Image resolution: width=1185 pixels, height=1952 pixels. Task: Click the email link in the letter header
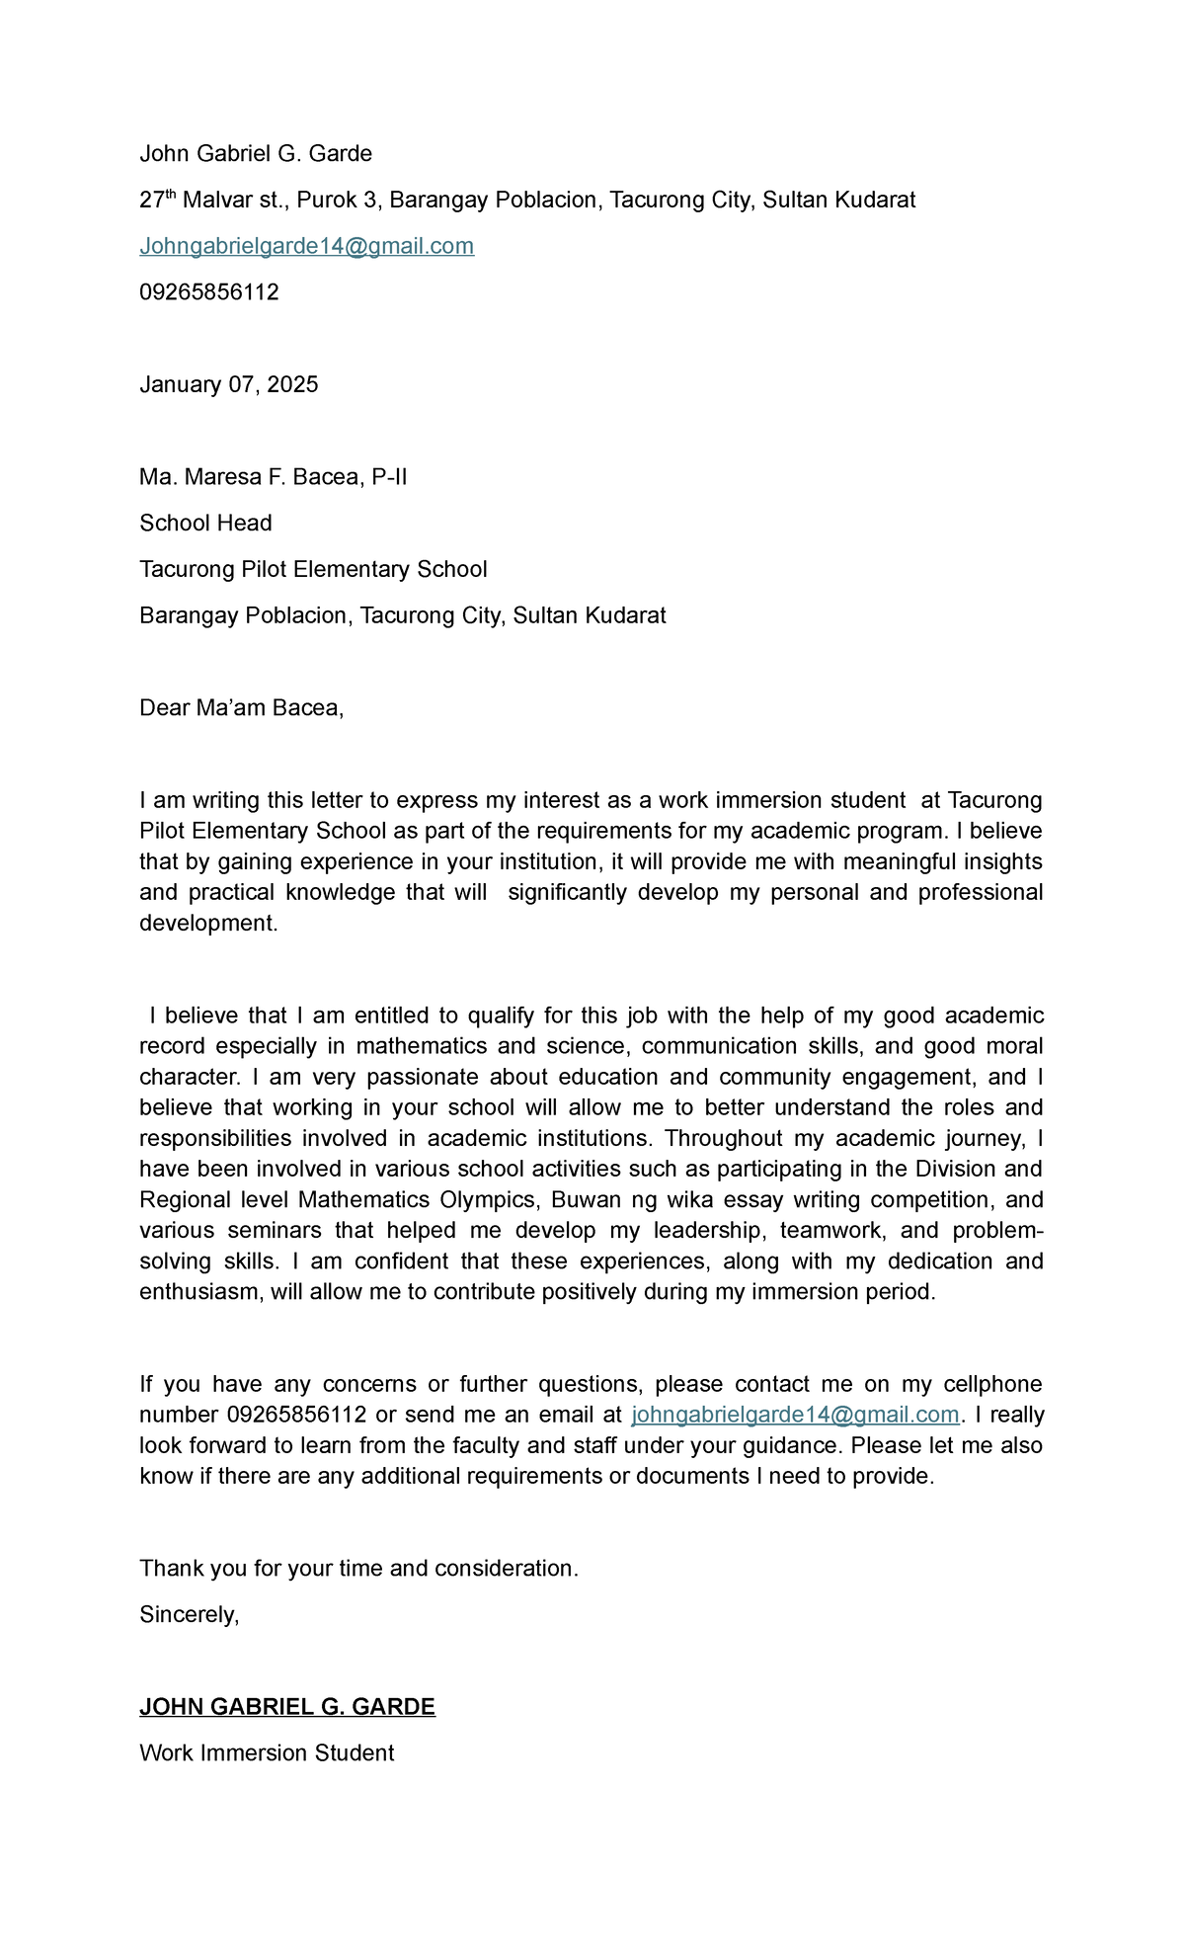pos(306,246)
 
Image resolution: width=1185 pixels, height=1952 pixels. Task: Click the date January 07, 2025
pos(228,384)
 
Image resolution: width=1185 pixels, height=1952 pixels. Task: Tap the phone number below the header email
pos(208,292)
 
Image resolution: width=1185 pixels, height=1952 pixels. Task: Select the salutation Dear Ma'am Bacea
pos(241,707)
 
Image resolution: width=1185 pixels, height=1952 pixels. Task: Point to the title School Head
pos(205,523)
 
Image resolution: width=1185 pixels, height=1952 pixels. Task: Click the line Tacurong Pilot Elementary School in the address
pos(313,569)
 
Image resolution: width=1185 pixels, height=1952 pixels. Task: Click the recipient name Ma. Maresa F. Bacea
pos(273,477)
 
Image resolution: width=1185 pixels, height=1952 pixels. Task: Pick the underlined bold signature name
pos(286,1706)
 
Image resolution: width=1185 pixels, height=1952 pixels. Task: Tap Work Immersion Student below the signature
pos(267,1752)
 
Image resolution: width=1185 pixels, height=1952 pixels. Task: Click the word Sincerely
pos(189,1614)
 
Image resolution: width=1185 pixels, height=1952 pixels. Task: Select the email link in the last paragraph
pos(795,1415)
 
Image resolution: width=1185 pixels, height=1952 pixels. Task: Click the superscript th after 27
pos(170,195)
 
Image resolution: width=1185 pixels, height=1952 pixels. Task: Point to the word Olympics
pos(487,1199)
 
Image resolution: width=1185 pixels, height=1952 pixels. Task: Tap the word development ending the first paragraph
pos(207,923)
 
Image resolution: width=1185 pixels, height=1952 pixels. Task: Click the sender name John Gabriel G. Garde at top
pos(255,153)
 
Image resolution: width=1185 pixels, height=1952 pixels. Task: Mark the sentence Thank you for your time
pos(357,1568)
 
